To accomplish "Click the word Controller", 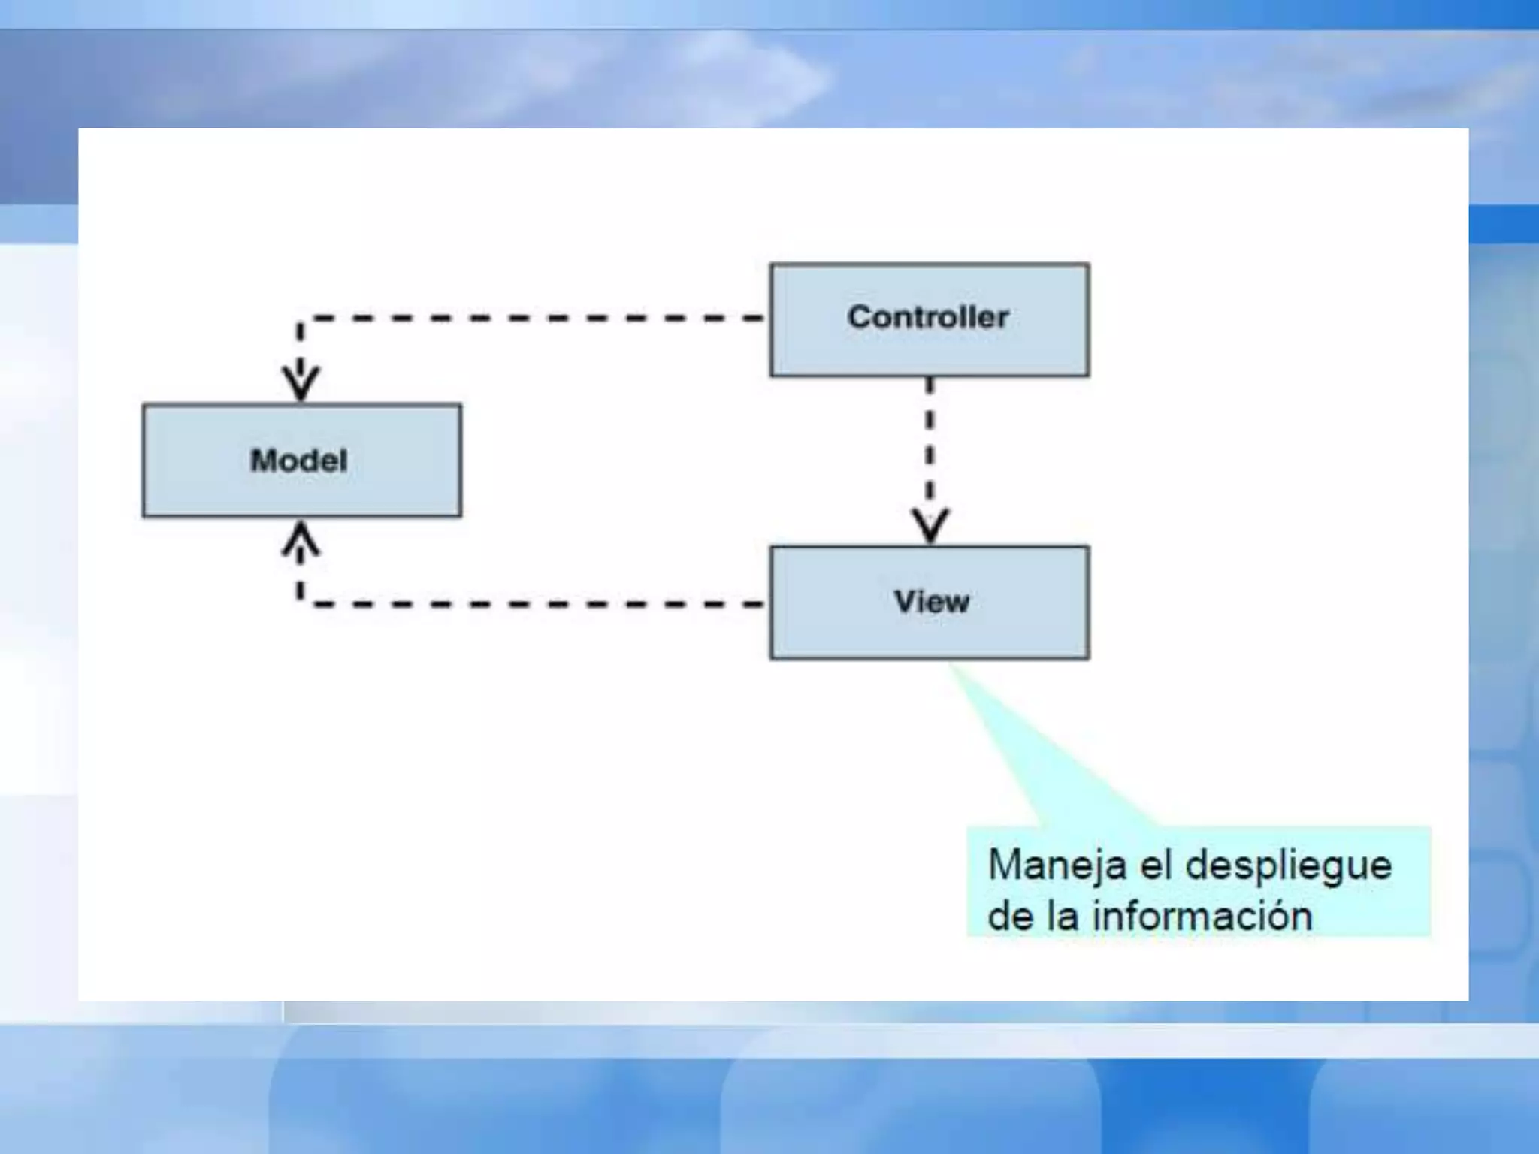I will coord(928,317).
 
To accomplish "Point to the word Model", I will coord(299,461).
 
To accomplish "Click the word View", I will coord(932,602).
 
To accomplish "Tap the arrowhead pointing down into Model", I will coord(301,383).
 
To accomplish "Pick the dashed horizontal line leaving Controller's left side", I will coord(526,319).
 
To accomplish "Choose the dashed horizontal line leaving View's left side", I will coord(526,603).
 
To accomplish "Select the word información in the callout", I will coord(1202,916).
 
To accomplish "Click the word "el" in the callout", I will coord(1157,865).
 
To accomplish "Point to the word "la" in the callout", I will coord(1063,916).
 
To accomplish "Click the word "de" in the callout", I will coord(1011,916).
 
